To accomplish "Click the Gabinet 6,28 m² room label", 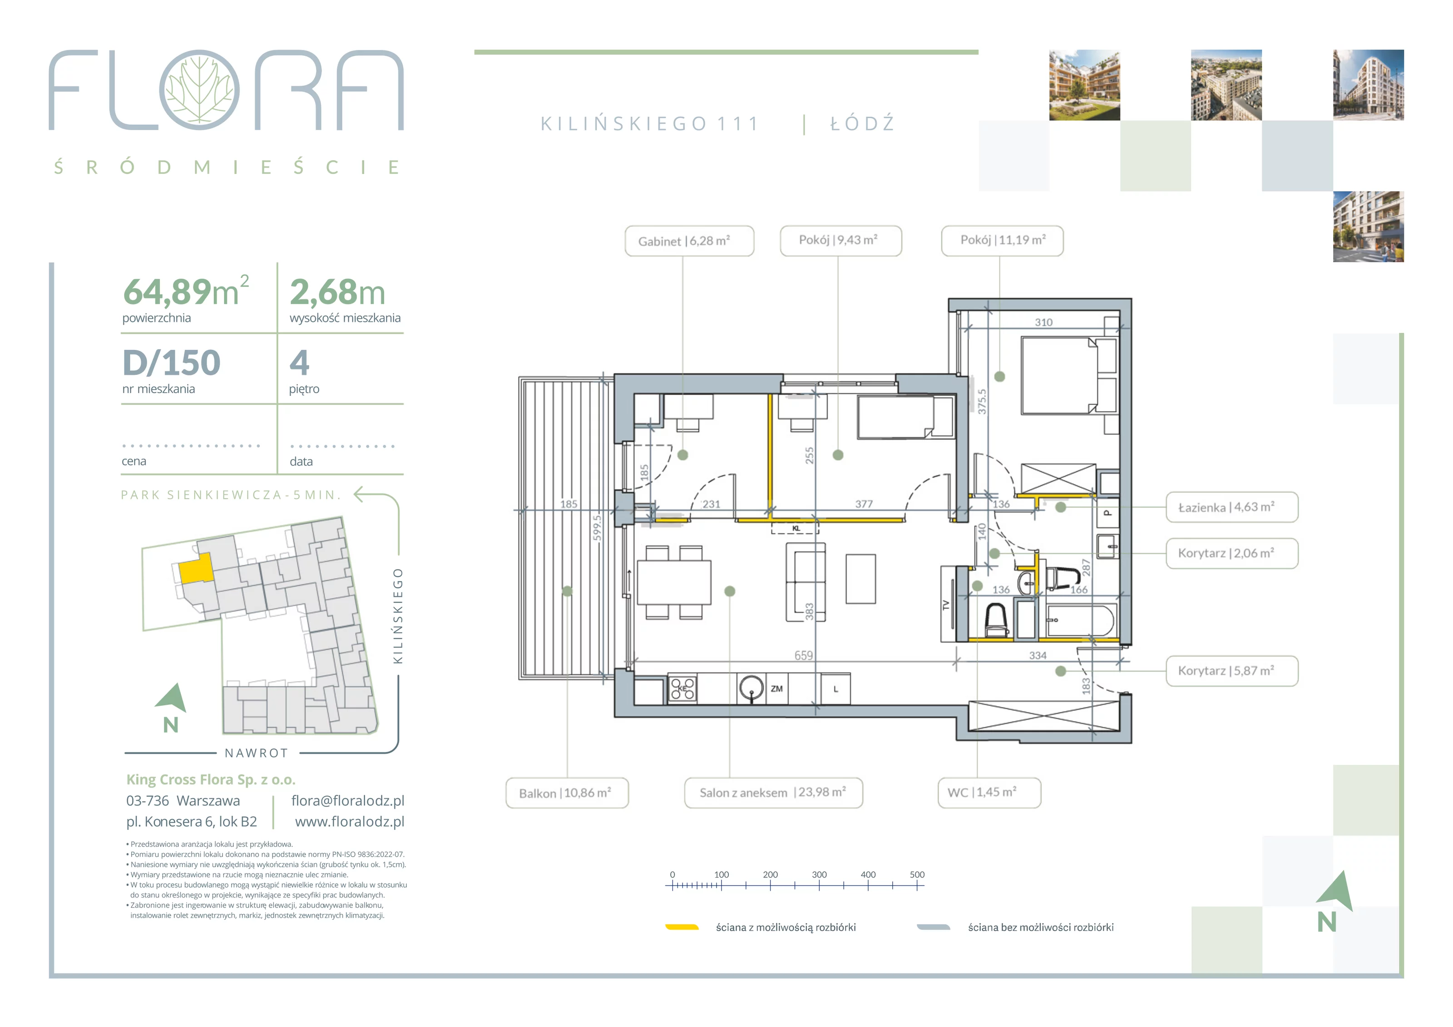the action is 689,241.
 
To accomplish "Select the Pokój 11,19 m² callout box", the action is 1003,241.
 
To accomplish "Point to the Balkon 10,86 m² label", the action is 567,793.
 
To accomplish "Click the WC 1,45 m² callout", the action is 989,793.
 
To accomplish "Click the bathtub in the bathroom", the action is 1080,621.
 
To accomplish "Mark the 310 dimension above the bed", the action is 1043,322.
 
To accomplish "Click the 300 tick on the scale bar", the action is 820,880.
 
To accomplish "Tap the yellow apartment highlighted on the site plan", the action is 196,568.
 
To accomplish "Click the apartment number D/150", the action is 172,363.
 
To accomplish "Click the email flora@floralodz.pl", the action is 347,800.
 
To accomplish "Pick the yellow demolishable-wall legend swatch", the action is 682,927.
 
